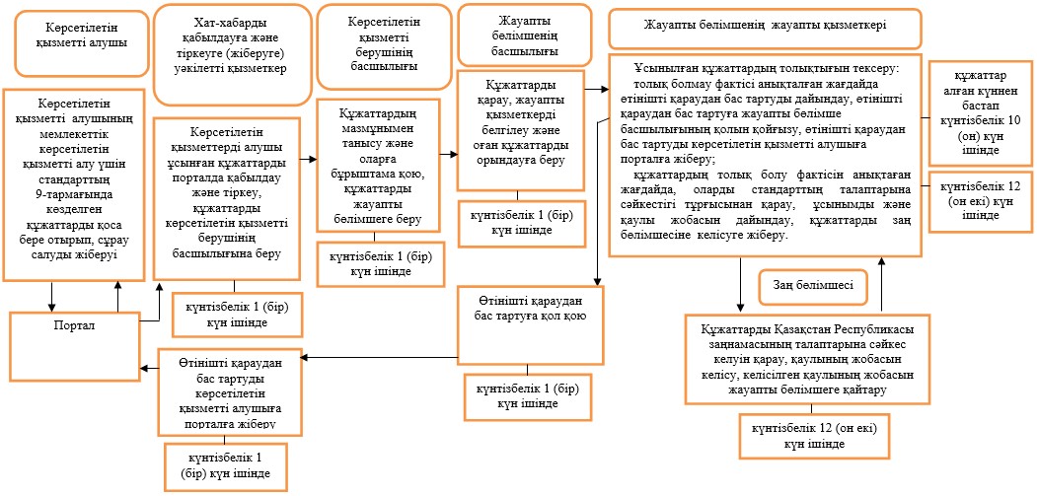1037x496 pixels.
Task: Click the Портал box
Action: [75, 346]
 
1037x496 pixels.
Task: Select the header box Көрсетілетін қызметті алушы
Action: [82, 43]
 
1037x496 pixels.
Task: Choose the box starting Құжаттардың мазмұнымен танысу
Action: [378, 166]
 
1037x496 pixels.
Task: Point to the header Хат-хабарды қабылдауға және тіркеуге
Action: [232, 54]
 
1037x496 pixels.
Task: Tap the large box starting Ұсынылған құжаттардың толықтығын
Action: [766, 157]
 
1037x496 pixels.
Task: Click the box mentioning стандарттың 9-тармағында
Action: [73, 185]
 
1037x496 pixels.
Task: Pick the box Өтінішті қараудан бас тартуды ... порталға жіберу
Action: [229, 391]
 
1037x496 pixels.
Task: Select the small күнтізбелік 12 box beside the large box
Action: [981, 202]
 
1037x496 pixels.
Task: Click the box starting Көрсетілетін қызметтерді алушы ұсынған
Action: [227, 198]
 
